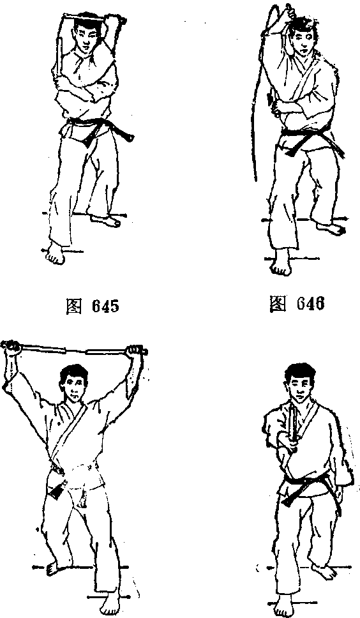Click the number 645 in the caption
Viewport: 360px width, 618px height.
coord(105,306)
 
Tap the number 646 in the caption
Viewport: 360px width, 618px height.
coord(311,303)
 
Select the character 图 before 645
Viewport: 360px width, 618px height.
coord(74,306)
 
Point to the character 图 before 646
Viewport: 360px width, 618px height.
coord(278,304)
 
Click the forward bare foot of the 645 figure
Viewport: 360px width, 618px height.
coord(55,254)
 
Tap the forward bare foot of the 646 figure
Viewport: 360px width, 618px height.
coord(281,262)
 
